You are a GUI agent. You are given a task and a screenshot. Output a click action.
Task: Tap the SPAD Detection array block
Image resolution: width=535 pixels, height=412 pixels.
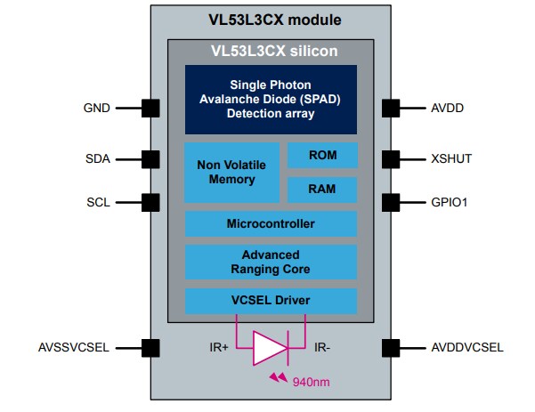[271, 99]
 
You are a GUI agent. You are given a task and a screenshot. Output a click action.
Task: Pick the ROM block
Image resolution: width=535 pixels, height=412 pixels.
[322, 155]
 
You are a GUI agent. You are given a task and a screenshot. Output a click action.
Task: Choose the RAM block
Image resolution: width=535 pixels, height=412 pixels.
[322, 190]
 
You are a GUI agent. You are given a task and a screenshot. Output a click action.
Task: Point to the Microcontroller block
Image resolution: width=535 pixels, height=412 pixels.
[271, 223]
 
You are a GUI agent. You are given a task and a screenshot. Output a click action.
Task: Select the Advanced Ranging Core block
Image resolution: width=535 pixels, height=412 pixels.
[271, 262]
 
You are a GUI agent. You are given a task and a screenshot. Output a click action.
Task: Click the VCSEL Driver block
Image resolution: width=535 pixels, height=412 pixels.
[271, 300]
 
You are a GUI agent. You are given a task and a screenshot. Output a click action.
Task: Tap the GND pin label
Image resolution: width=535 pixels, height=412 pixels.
[95, 109]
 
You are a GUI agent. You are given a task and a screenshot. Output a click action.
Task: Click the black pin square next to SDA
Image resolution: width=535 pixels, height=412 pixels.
[150, 159]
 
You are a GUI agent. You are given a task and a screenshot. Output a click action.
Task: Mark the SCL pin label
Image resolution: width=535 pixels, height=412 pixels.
[98, 202]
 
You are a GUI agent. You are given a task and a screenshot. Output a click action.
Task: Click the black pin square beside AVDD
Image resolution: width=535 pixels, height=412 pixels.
[391, 109]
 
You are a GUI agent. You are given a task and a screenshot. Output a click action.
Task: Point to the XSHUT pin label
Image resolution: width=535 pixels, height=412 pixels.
[450, 159]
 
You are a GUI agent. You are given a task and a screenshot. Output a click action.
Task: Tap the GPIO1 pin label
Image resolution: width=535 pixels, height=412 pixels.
[450, 202]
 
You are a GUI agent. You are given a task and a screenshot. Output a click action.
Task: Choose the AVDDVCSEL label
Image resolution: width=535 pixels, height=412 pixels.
[466, 347]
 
